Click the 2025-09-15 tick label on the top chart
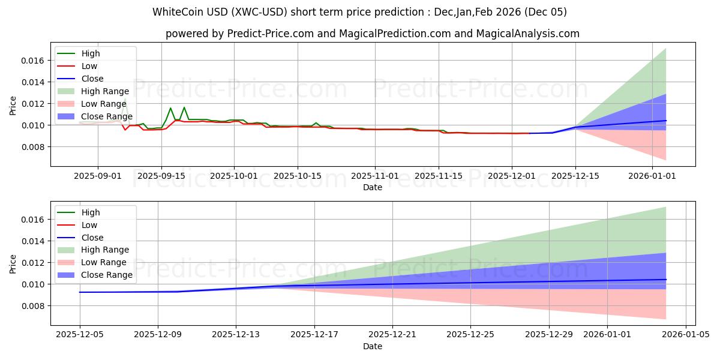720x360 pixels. pos(161,176)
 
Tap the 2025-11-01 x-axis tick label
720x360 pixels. pos(375,176)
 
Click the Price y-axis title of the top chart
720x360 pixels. pos(13,106)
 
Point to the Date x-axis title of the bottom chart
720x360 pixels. pos(373,346)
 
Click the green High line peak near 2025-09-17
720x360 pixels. pos(170,108)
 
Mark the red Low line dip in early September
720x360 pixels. pos(125,130)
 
